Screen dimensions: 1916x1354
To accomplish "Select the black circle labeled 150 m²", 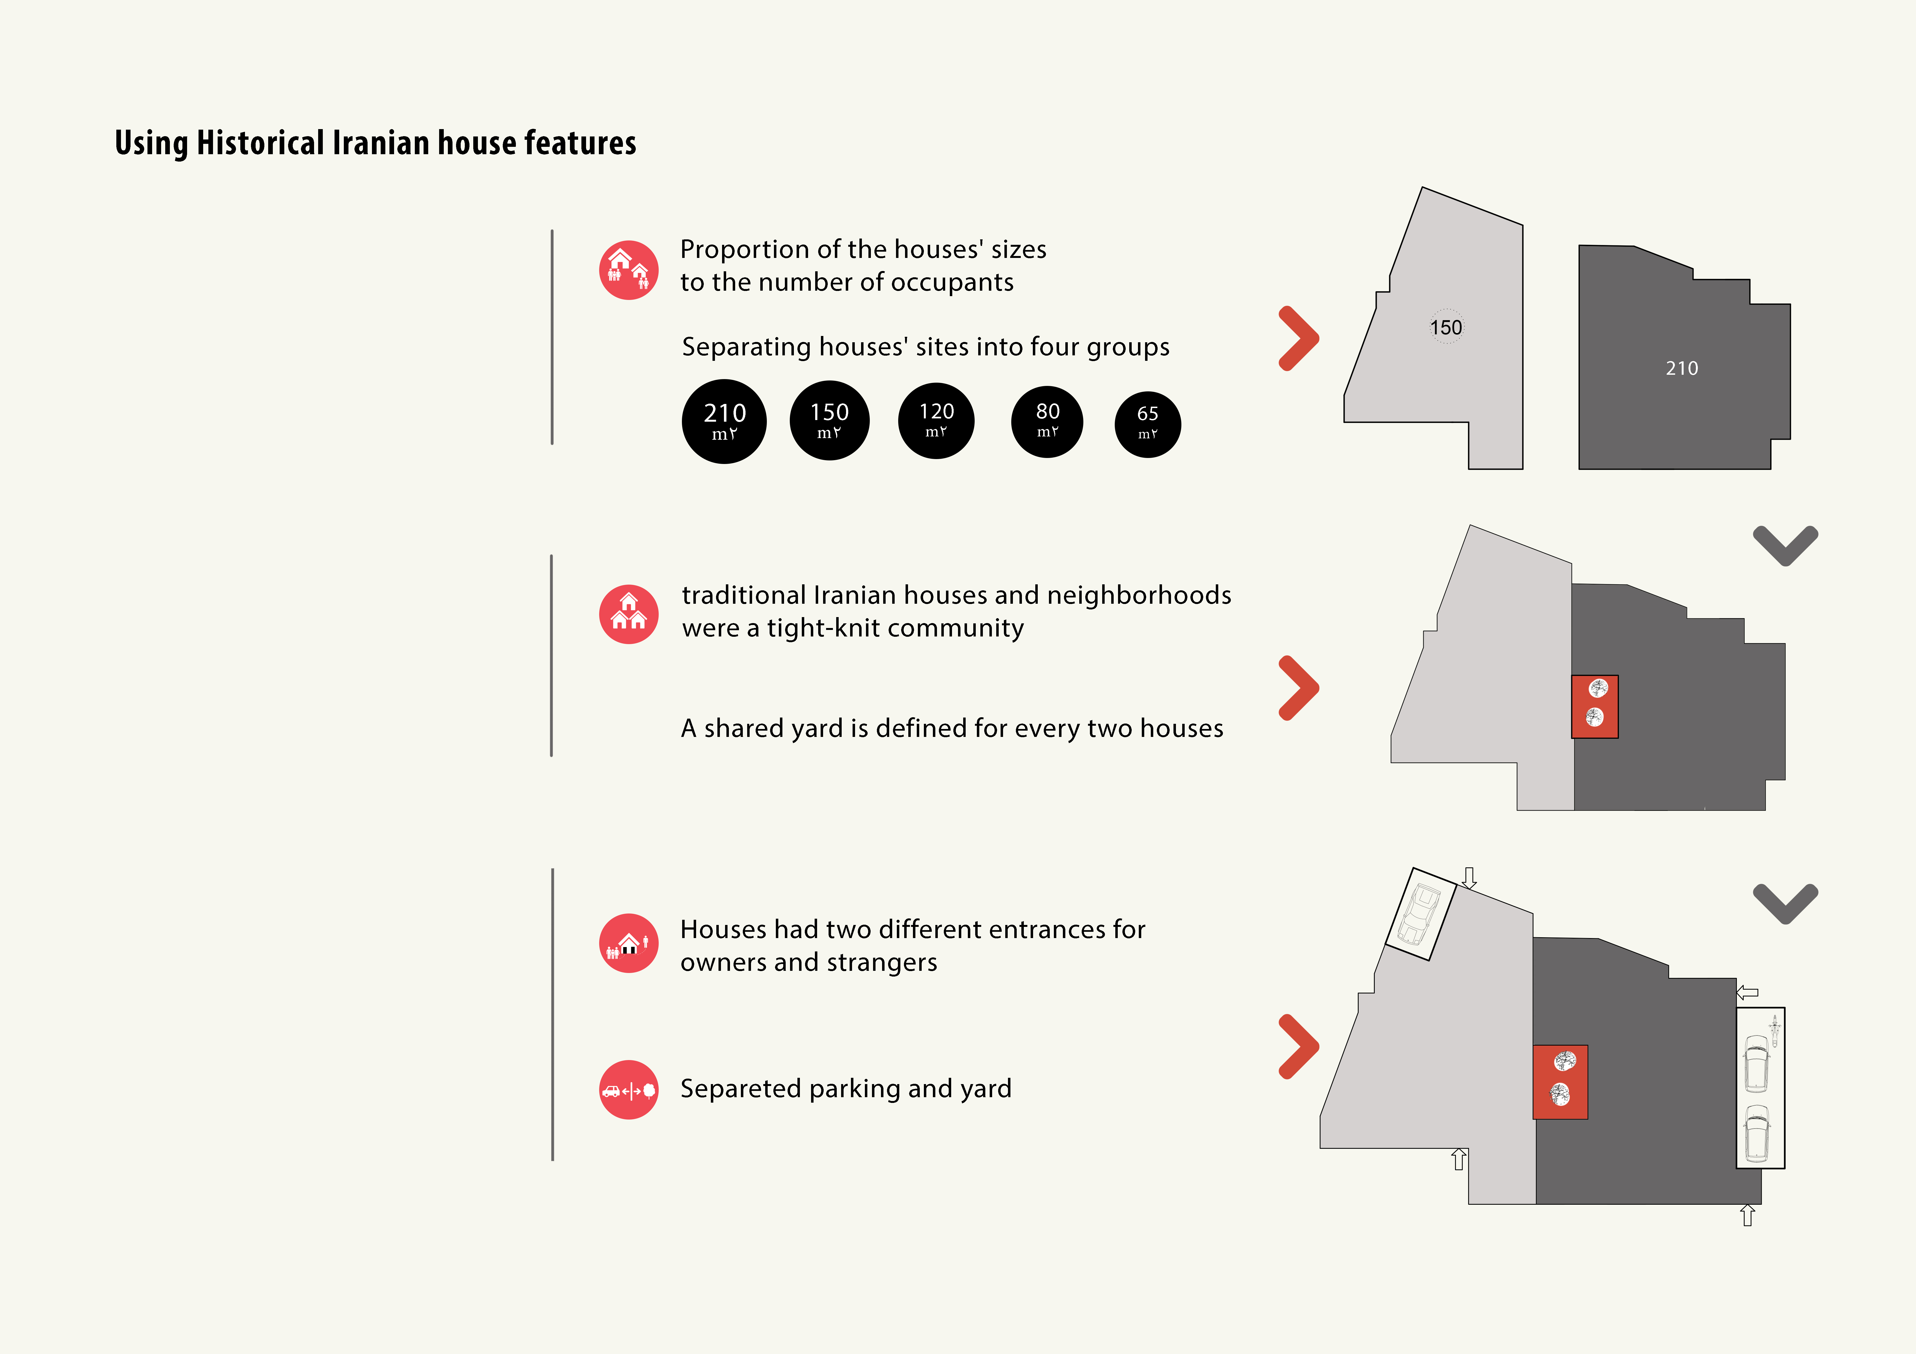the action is click(829, 421).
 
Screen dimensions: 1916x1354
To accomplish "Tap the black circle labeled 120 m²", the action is click(936, 421).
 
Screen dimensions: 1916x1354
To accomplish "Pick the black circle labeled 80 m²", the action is click(1047, 421).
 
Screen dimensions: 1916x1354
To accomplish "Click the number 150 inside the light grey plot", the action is click(1446, 327).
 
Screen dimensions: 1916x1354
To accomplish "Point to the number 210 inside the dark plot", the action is click(1681, 368).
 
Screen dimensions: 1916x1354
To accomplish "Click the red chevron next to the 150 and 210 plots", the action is click(1299, 338).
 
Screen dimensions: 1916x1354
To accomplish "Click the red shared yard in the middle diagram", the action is click(1595, 707).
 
